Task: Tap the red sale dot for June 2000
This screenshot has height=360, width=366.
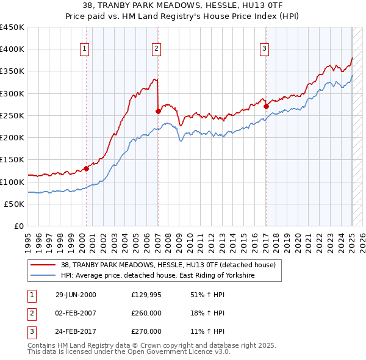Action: pyautogui.click(x=86, y=168)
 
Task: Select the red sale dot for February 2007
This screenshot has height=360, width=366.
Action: pyautogui.click(x=158, y=111)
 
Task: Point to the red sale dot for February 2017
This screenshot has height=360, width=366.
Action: pyautogui.click(x=267, y=106)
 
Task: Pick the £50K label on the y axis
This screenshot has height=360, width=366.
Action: pyautogui.click(x=15, y=204)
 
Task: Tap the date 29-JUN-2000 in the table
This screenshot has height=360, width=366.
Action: pyautogui.click(x=76, y=295)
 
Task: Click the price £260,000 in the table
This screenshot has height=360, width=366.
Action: pyautogui.click(x=146, y=313)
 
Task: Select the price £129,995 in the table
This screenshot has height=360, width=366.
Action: pyautogui.click(x=146, y=295)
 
